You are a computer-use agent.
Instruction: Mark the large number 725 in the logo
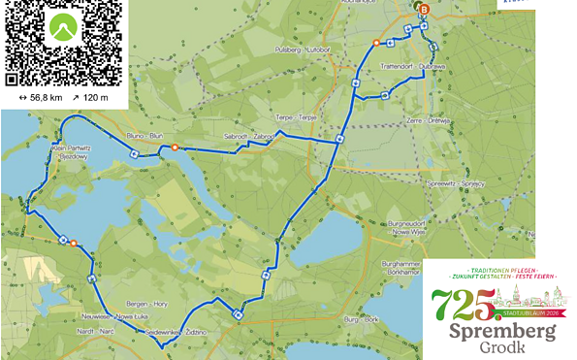[x=462, y=310]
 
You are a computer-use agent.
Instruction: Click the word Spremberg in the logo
[x=501, y=333]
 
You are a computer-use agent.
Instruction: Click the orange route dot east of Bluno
[x=175, y=147]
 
